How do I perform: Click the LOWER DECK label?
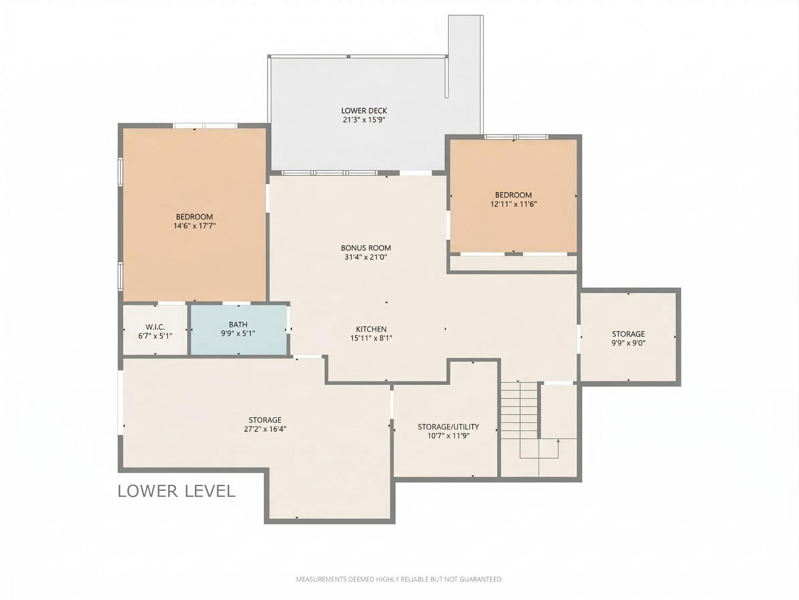click(364, 111)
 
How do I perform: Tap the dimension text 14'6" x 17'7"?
click(194, 226)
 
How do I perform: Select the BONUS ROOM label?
click(366, 248)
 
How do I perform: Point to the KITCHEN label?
click(371, 329)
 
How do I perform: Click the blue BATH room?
click(238, 329)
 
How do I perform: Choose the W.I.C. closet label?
click(155, 327)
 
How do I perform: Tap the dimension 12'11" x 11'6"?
click(513, 204)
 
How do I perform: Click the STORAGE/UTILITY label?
click(448, 427)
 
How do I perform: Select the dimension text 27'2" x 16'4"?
click(265, 429)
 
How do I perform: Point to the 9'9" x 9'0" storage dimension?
click(629, 343)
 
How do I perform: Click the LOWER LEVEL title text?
click(177, 491)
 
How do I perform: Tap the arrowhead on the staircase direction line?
click(558, 441)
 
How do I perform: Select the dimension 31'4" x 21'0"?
click(366, 257)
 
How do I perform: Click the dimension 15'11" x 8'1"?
click(371, 338)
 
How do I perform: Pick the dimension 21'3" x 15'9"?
click(364, 120)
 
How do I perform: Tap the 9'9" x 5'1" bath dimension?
click(238, 333)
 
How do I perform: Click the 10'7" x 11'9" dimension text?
click(448, 436)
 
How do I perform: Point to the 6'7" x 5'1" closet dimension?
click(155, 336)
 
